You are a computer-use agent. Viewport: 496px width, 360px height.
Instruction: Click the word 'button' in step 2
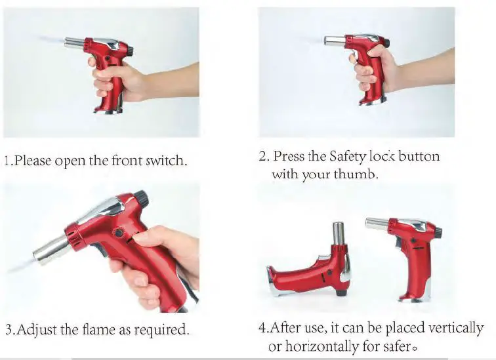tap(419, 157)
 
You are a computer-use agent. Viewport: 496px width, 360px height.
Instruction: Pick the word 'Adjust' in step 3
tap(35, 329)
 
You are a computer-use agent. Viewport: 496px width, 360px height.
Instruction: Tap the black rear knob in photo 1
tap(130, 50)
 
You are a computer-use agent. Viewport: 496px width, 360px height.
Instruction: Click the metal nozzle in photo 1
tap(73, 43)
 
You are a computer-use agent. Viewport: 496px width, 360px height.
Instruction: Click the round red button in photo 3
tap(119, 233)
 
